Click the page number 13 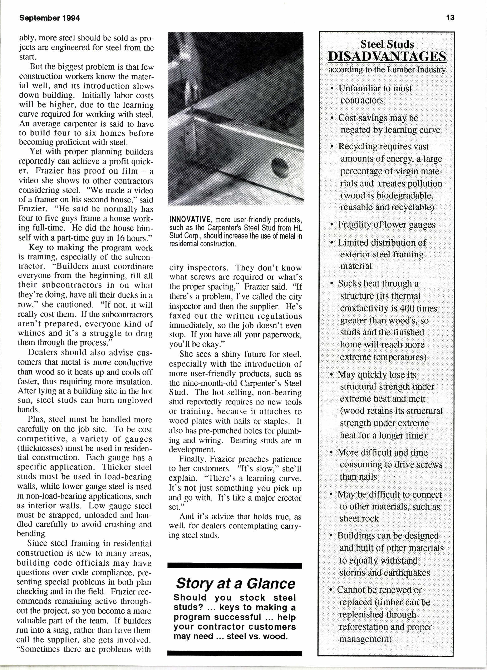click(x=450, y=18)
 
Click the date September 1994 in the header click(x=50, y=18)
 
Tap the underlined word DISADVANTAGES click(x=387, y=56)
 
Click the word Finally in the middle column click(x=191, y=459)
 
